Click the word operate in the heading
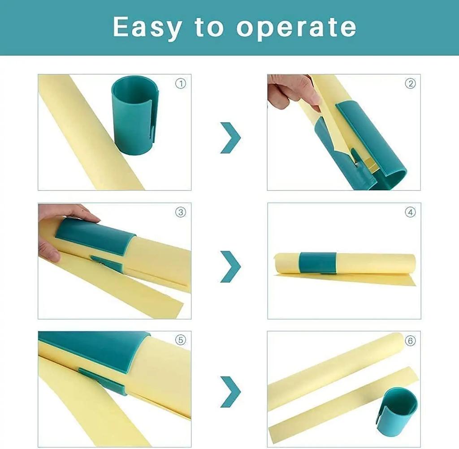click(296, 28)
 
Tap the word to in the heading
click(209, 28)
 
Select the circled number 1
click(180, 84)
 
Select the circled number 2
click(410, 84)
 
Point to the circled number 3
click(180, 212)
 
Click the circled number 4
click(410, 212)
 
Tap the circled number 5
click(180, 341)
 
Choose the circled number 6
click(410, 341)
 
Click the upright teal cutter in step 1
click(134, 116)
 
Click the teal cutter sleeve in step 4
click(318, 262)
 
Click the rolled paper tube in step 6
click(332, 372)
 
